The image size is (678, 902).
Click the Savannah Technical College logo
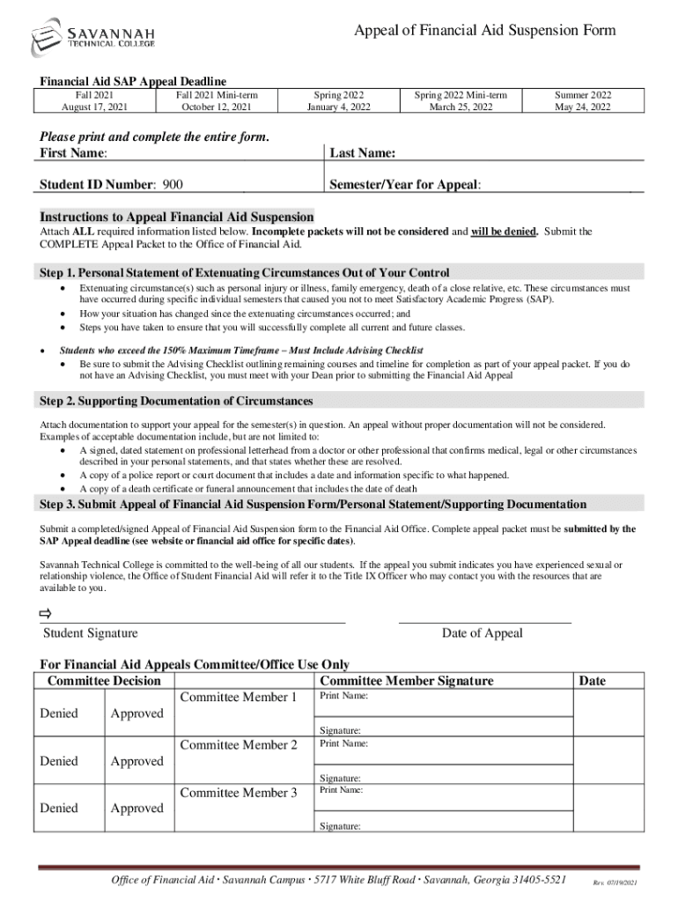[x=86, y=37]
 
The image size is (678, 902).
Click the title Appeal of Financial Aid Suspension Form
[x=484, y=31]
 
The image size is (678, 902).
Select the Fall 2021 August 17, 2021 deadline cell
[x=93, y=100]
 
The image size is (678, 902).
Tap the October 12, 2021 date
[x=216, y=107]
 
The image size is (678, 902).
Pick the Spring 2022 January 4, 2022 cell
[x=339, y=100]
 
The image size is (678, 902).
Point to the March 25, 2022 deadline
[x=461, y=107]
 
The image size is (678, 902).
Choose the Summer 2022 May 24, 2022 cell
[x=583, y=100]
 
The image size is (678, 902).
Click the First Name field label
[x=73, y=153]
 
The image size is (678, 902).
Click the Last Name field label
[x=362, y=153]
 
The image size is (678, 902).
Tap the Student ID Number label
[x=98, y=185]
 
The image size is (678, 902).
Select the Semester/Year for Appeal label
[x=405, y=185]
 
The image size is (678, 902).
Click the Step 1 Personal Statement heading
[x=245, y=272]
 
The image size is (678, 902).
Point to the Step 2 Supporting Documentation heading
[x=176, y=401]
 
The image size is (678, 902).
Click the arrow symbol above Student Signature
[x=47, y=613]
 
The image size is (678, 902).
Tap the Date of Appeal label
[x=482, y=632]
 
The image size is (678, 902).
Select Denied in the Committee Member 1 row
[x=59, y=713]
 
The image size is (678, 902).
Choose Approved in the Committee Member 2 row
[x=136, y=761]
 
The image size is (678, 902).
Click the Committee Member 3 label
[x=239, y=793]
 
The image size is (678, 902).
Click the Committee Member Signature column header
[x=407, y=681]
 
